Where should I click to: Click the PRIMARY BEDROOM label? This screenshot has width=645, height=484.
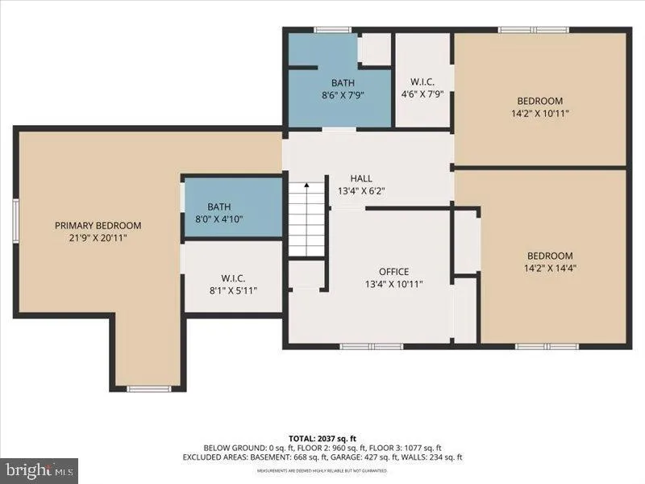pos(98,225)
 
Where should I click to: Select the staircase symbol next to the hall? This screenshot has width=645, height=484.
pos(307,219)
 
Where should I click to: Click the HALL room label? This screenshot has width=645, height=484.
pos(360,178)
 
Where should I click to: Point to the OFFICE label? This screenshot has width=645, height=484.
pos(393,271)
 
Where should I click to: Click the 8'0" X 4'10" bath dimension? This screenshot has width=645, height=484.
pos(218,219)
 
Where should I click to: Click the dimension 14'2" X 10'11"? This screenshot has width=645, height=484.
pos(539,114)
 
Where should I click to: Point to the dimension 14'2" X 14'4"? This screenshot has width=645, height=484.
pos(550,269)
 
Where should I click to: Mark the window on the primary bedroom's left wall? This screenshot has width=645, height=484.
pos(15,220)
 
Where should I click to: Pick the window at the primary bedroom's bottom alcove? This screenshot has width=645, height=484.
pos(148,390)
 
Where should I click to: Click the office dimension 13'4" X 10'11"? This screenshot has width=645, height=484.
pos(393,284)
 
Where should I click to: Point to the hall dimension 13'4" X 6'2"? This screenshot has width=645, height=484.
pos(360,191)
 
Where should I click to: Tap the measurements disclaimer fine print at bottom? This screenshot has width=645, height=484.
pos(322,470)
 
